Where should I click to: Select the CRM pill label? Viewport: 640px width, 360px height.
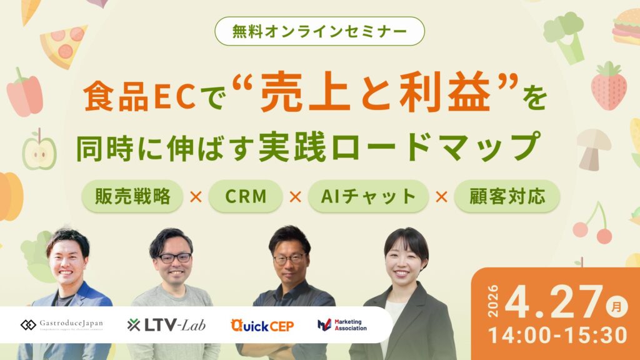(x=246, y=196)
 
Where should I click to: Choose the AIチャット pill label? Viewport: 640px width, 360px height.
(x=368, y=196)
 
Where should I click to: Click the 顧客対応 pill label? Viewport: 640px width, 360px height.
(x=507, y=196)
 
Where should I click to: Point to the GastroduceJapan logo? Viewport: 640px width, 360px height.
(x=62, y=324)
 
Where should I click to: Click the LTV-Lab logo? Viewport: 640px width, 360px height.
(x=166, y=324)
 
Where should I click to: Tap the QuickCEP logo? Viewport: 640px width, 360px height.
(x=262, y=325)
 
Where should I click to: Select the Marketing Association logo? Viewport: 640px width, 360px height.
(x=342, y=324)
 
